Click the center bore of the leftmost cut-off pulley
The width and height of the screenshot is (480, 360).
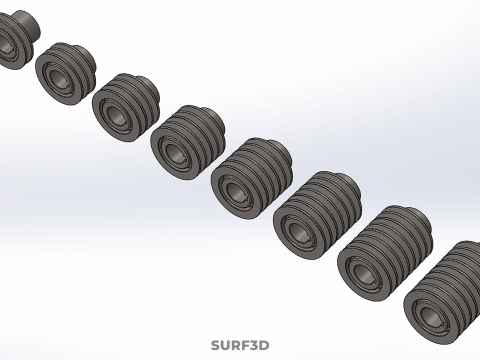5,43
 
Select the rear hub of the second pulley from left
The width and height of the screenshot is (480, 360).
86,54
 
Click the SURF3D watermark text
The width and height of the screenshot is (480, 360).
240,345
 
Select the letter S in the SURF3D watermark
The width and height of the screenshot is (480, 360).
215,345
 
